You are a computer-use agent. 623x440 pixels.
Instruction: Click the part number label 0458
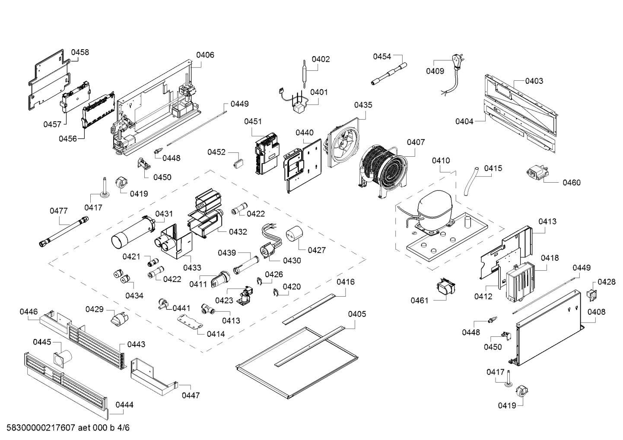[x=80, y=52]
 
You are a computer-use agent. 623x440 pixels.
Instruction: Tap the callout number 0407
[x=416, y=142]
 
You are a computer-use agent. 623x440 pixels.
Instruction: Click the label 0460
[x=572, y=182]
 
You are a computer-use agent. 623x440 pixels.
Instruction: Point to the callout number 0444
[x=124, y=405]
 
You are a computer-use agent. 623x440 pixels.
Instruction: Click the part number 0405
[x=357, y=314]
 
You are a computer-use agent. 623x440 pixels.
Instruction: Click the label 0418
[x=550, y=258]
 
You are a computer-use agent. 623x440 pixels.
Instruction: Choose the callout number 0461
[x=419, y=300]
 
